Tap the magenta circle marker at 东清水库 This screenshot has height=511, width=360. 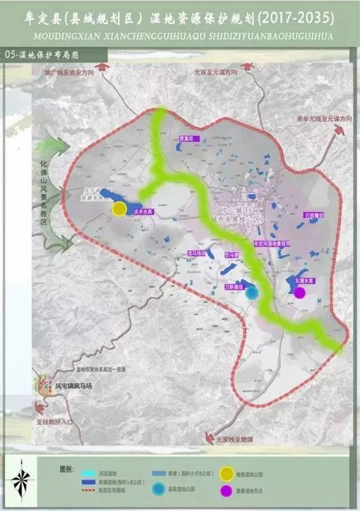click(300, 292)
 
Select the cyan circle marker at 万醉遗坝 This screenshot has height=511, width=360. click(252, 293)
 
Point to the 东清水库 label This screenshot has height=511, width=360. click(302, 280)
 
